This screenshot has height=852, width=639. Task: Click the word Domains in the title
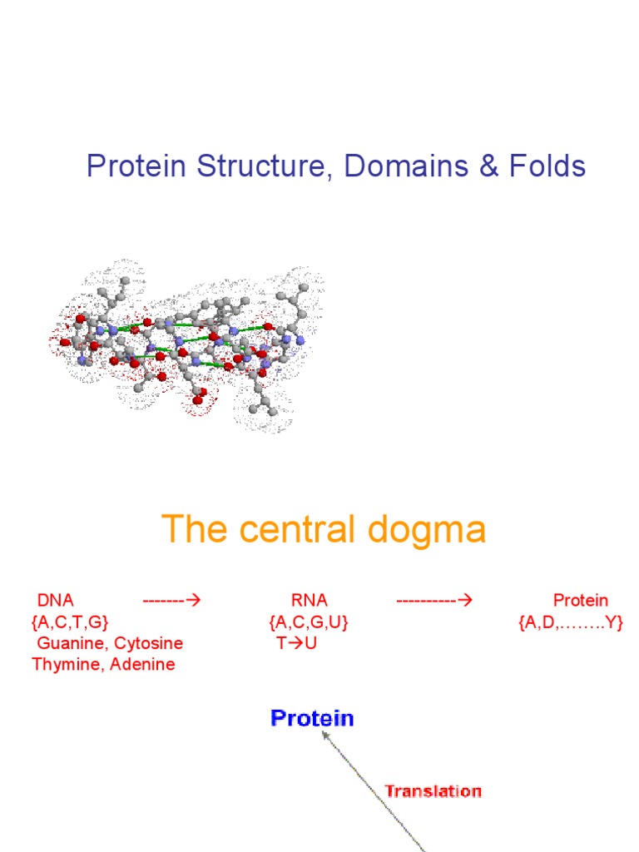395,166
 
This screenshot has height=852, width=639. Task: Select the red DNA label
56,600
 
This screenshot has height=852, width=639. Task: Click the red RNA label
309,600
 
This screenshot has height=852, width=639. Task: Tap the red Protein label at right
581,600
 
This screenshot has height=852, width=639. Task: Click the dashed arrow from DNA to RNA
173,600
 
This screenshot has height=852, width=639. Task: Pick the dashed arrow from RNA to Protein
434,600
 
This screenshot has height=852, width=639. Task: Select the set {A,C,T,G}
70,622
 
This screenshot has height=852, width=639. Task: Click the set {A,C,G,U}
308,622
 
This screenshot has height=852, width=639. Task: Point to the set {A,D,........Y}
570,622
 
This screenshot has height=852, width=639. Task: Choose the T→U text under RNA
296,643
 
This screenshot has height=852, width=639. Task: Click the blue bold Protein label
312,719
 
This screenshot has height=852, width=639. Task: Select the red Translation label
433,791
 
